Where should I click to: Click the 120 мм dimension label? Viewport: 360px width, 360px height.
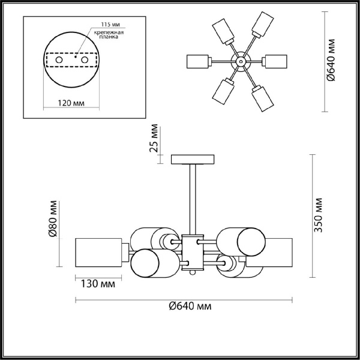click(71, 104)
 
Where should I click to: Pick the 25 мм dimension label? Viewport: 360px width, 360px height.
click(155, 138)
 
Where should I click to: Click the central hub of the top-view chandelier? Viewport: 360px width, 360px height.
click(239, 61)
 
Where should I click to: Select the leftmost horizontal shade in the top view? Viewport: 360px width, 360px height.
click(197, 61)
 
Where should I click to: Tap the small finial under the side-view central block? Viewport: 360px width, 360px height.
click(193, 272)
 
